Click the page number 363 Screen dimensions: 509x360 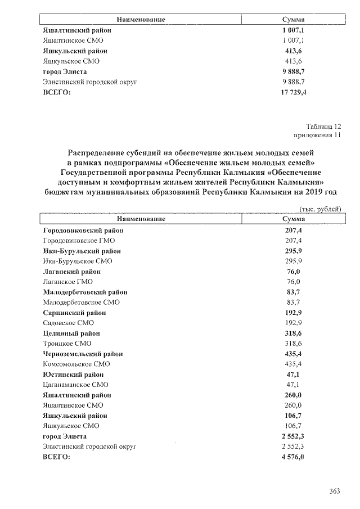point(335,491)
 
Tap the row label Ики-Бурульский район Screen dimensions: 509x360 point(82,251)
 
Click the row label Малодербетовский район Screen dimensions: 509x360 point(85,292)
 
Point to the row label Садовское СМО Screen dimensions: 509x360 point(68,323)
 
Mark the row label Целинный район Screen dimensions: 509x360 point(71,333)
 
